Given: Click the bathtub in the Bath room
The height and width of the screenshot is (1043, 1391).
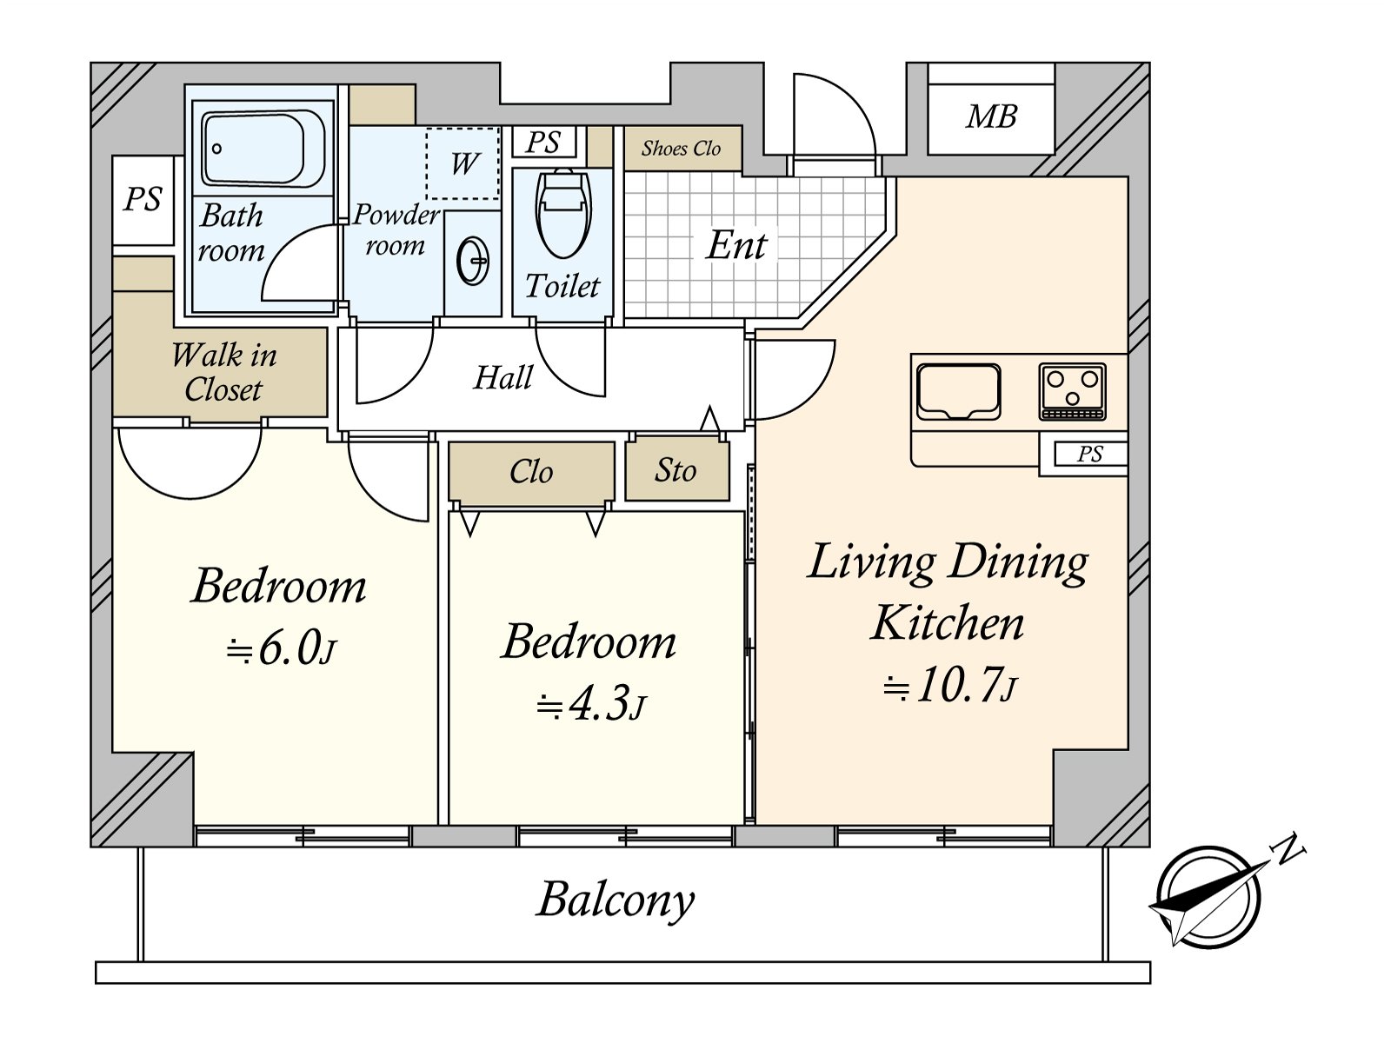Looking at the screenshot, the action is [263, 149].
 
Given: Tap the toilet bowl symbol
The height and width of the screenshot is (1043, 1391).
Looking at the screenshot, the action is [562, 214].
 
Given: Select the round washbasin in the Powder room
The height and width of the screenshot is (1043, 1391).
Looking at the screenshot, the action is [473, 260].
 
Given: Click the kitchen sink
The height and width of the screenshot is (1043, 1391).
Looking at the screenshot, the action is [958, 391].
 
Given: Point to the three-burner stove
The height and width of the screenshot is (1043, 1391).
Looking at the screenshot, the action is [1072, 391].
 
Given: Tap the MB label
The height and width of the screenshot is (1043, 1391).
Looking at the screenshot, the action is [991, 117].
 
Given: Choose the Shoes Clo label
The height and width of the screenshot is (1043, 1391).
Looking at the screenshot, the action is [682, 148].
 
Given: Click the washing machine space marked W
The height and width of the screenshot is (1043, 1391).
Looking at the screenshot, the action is [462, 163].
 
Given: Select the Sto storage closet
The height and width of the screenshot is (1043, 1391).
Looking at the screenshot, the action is [676, 470].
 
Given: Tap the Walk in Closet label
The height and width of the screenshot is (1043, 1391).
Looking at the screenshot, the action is [223, 372].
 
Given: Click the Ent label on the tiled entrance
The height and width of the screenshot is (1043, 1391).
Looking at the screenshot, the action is [736, 245].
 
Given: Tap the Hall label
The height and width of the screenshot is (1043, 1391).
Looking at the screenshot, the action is [502, 378].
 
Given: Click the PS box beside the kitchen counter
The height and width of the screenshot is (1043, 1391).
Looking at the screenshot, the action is [1090, 455].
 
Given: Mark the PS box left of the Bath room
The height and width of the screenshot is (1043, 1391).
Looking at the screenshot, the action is [143, 200].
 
